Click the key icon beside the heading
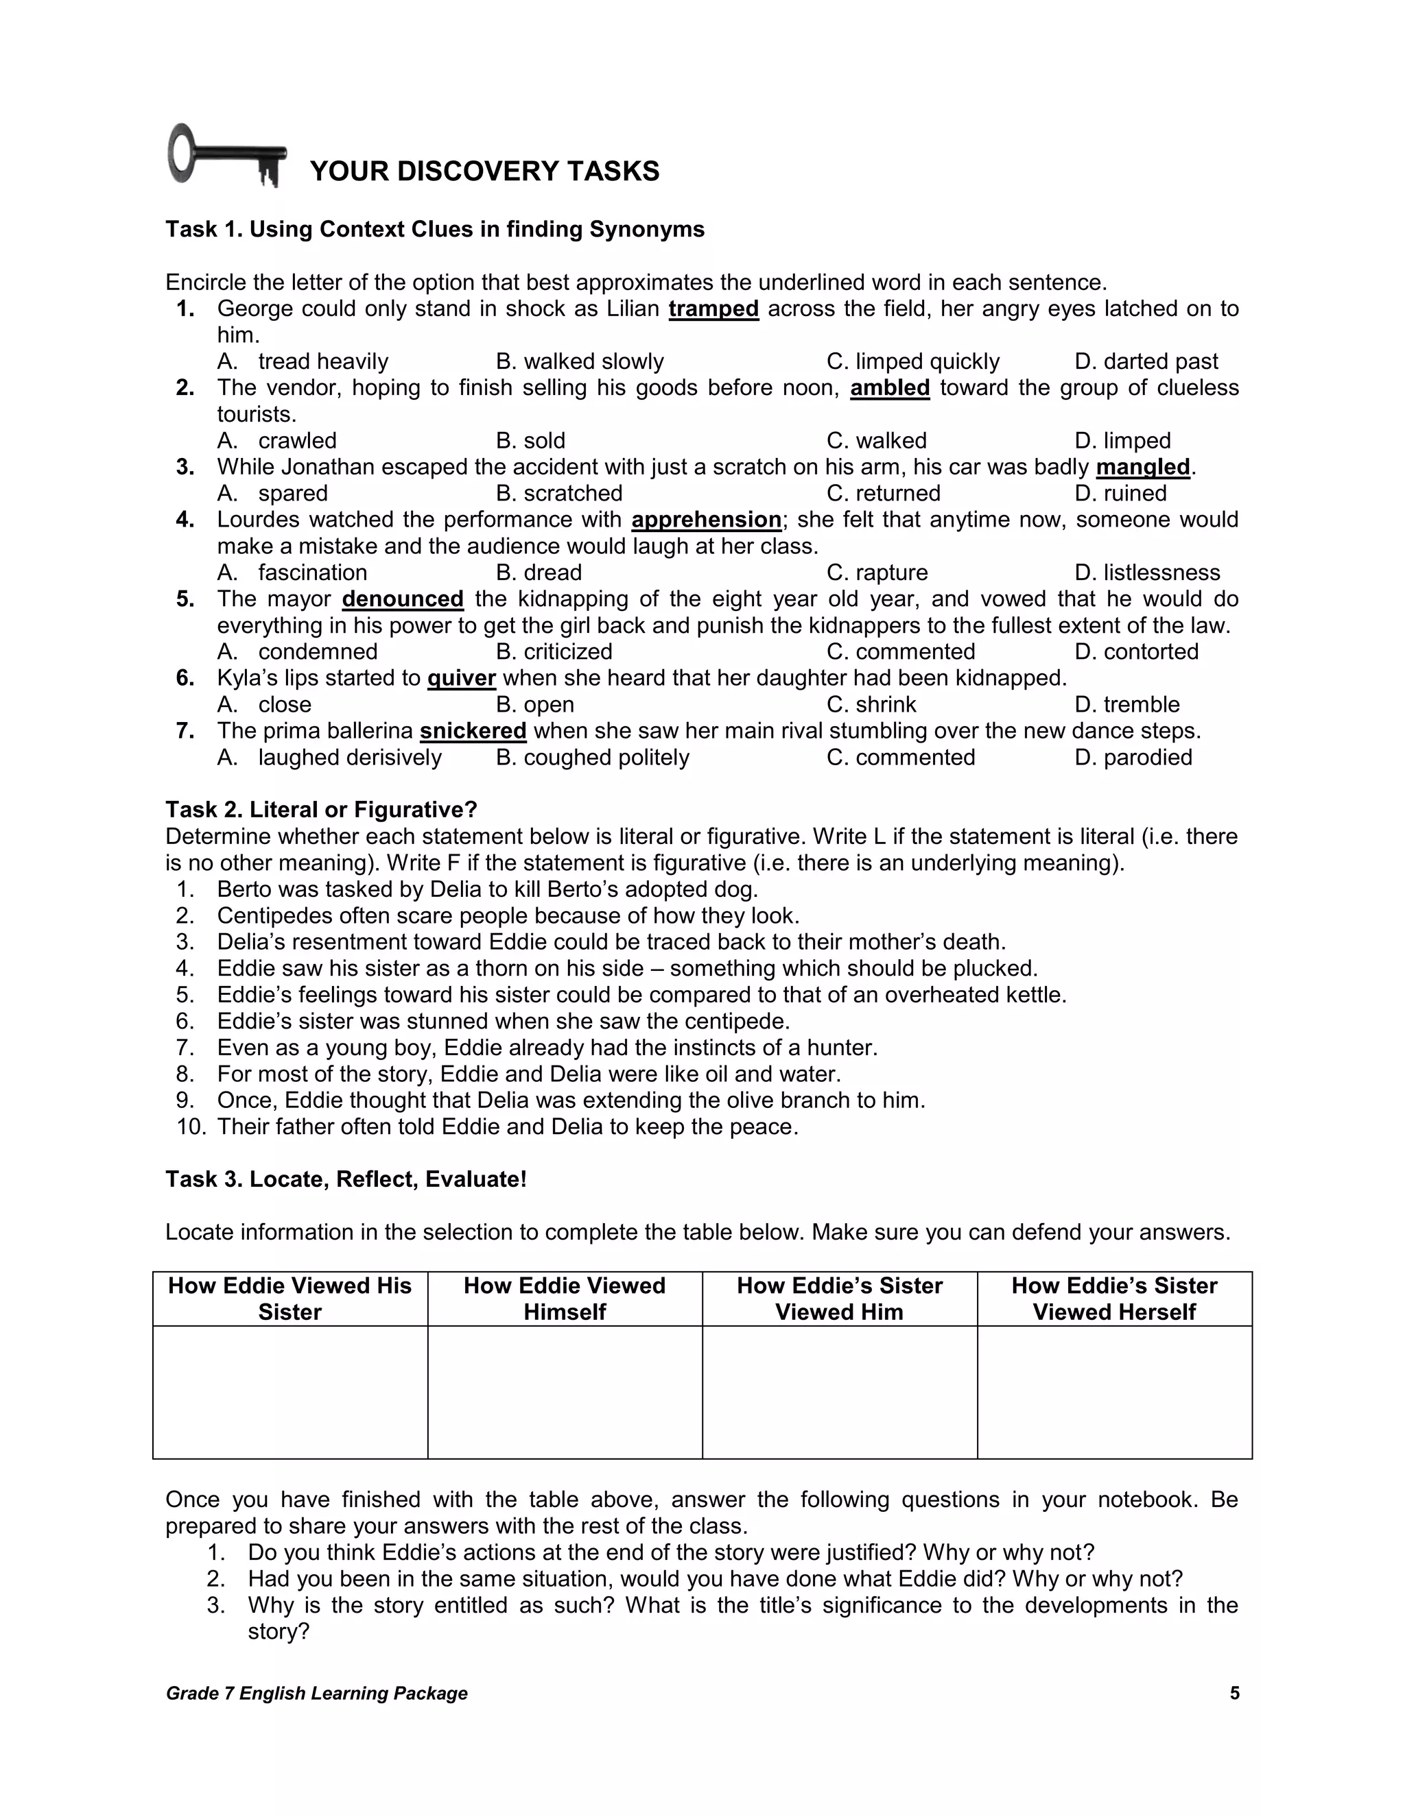coord(226,156)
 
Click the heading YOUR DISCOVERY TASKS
coord(484,171)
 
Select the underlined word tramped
coord(713,309)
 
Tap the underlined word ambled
coord(889,387)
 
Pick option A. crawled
coord(277,441)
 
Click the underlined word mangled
coord(1143,468)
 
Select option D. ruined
coord(1120,494)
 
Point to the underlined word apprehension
coord(706,520)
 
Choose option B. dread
coord(539,573)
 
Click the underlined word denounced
coord(403,599)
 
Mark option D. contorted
coord(1136,652)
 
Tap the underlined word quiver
coord(461,679)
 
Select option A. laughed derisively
coord(329,758)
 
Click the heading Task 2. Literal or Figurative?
coord(321,810)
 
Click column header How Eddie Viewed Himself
coord(565,1299)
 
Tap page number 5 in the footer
coord(1234,1693)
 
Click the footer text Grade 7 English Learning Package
coord(316,1694)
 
